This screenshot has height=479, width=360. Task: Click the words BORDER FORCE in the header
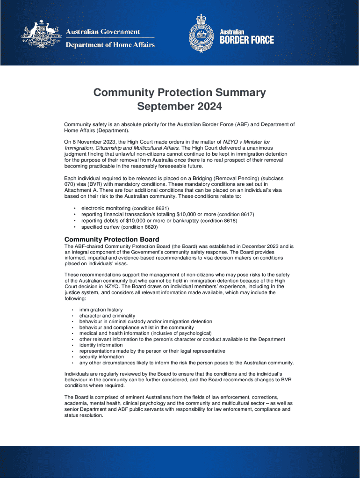click(247, 40)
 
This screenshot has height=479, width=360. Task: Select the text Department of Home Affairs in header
click(109, 45)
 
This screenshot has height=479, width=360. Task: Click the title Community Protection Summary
click(180, 92)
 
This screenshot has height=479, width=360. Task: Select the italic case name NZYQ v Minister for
click(246, 142)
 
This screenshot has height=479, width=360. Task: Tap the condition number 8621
click(158, 208)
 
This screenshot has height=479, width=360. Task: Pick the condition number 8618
click(226, 221)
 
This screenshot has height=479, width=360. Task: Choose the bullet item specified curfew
click(101, 227)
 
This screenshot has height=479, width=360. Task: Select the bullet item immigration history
click(101, 310)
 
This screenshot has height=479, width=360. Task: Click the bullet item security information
click(101, 356)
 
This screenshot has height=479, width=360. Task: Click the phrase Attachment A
click(80, 190)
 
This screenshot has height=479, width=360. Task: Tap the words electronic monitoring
click(106, 208)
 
